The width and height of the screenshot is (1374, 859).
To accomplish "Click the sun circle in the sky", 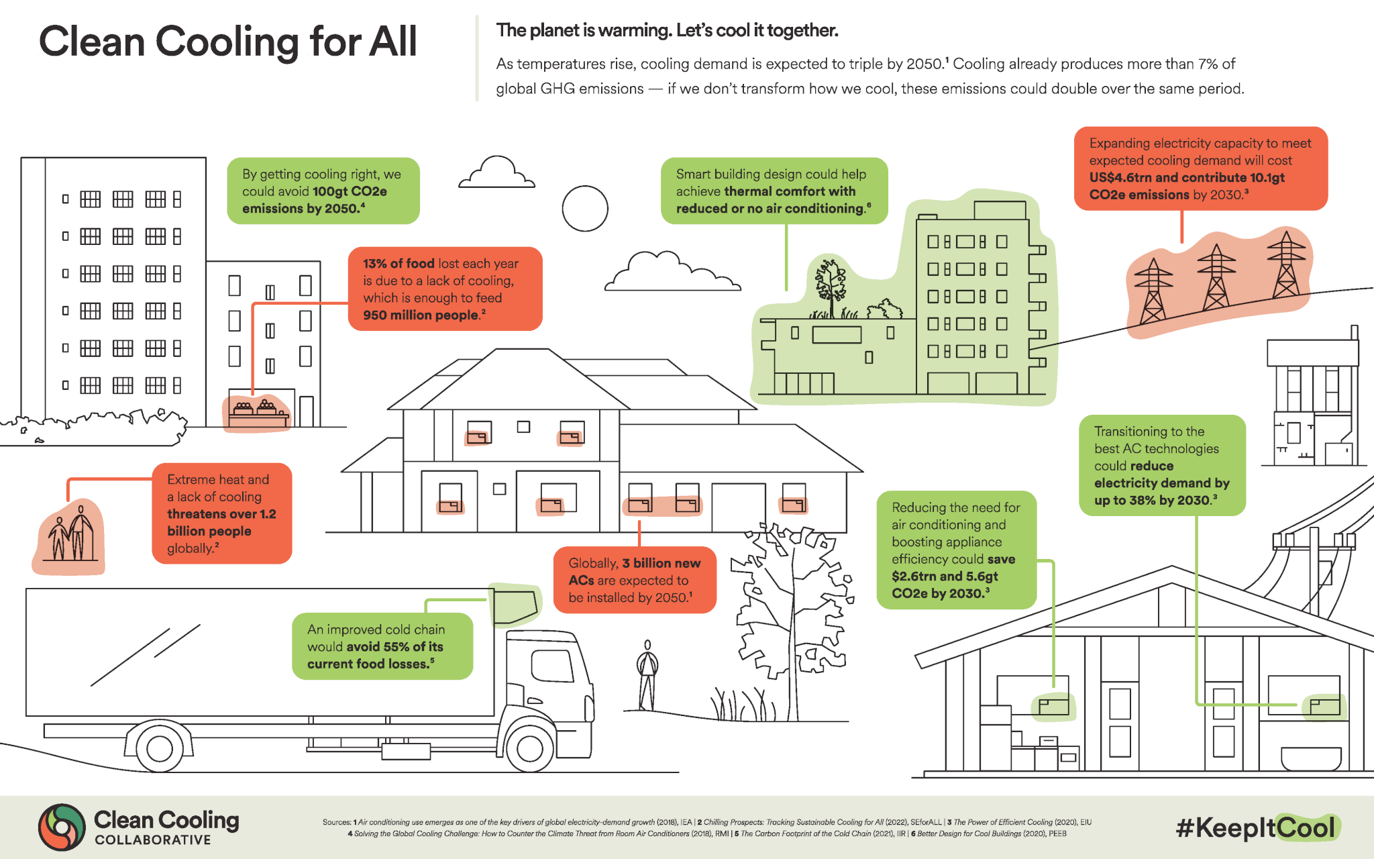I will click(x=585, y=209).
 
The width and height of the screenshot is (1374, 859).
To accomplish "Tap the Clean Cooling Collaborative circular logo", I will click(x=62, y=827).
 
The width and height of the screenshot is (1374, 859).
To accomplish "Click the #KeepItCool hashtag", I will click(x=1256, y=827).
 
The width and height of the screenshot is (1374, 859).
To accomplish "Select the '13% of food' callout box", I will click(x=445, y=289).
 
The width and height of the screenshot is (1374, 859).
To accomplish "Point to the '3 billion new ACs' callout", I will click(x=635, y=580).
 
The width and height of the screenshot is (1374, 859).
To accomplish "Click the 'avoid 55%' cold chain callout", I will click(x=382, y=646).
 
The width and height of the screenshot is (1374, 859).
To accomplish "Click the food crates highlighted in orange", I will click(x=256, y=412).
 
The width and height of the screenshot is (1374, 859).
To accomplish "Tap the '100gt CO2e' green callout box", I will click(x=323, y=191).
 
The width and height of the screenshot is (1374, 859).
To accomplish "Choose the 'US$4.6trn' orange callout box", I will click(x=1200, y=168).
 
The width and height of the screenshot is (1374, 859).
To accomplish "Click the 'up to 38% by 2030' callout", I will click(x=1161, y=465).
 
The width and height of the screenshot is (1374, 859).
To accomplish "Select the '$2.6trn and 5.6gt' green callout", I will click(x=956, y=550).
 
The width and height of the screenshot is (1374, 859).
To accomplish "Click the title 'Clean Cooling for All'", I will click(x=228, y=42).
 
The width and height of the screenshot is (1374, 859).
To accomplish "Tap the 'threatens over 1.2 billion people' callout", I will click(x=221, y=513).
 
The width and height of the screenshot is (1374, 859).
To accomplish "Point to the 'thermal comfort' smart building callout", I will click(x=774, y=191).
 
